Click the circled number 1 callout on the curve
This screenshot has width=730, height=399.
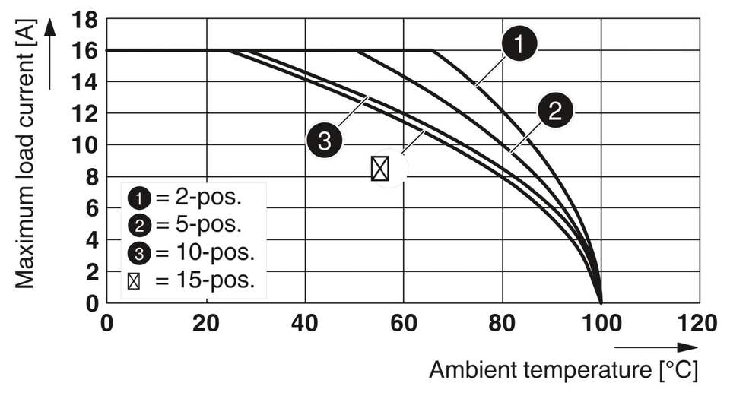coord(519,45)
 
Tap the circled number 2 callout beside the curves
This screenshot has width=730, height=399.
coord(555,111)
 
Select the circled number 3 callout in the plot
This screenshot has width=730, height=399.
coord(325,142)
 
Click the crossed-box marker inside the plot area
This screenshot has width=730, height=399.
coord(380,168)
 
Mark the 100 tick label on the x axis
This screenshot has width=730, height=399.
coord(601,323)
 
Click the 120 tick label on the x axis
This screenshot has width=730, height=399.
coord(697,323)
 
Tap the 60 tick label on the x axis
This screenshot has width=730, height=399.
coord(404,323)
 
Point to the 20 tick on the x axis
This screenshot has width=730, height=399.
coord(206,323)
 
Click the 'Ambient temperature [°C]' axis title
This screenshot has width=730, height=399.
coord(563,370)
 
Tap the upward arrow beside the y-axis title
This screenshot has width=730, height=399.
coord(51,53)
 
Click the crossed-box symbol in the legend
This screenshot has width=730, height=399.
coord(134,280)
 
